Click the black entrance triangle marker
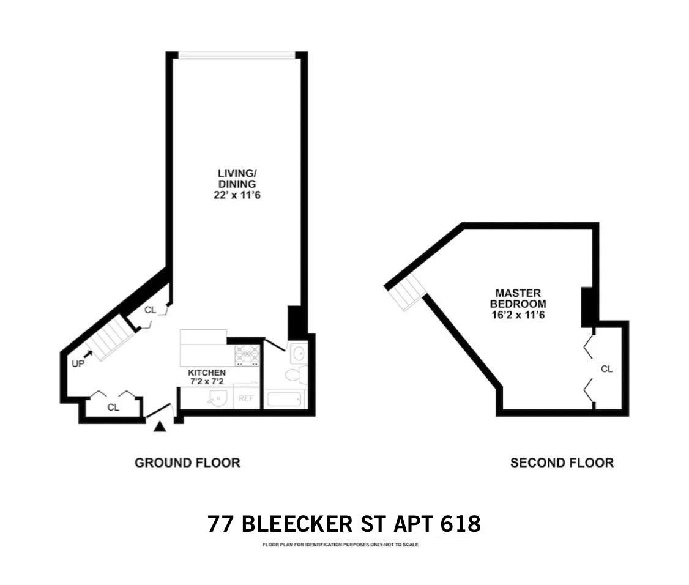coord(160,427)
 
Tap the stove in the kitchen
coord(247,354)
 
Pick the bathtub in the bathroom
coord(285,400)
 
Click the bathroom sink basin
coord(299,354)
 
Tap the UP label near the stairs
coord(78,362)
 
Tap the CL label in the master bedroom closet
coord(606,369)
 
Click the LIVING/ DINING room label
coord(236,184)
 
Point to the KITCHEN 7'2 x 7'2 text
coord(207,377)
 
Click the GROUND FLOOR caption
coord(187,463)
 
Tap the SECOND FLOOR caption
coord(562,463)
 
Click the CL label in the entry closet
coord(113,407)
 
